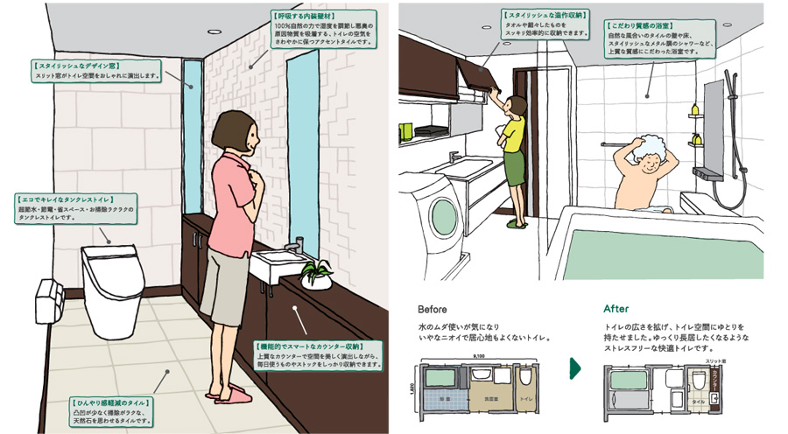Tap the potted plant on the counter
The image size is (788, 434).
pos(316,273)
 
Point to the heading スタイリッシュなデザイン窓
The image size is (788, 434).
pos(77,66)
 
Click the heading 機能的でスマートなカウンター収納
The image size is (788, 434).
pos(315,346)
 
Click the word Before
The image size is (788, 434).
pos(433,309)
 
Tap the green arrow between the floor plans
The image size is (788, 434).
pos(574,367)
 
